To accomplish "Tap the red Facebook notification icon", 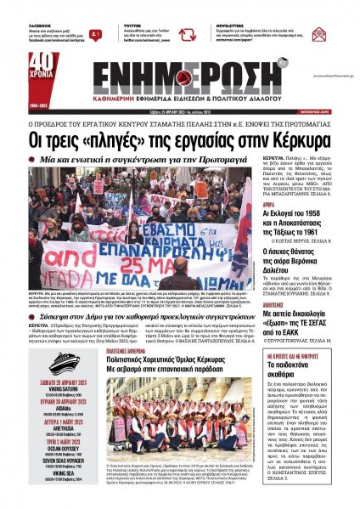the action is (x=98, y=35).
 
